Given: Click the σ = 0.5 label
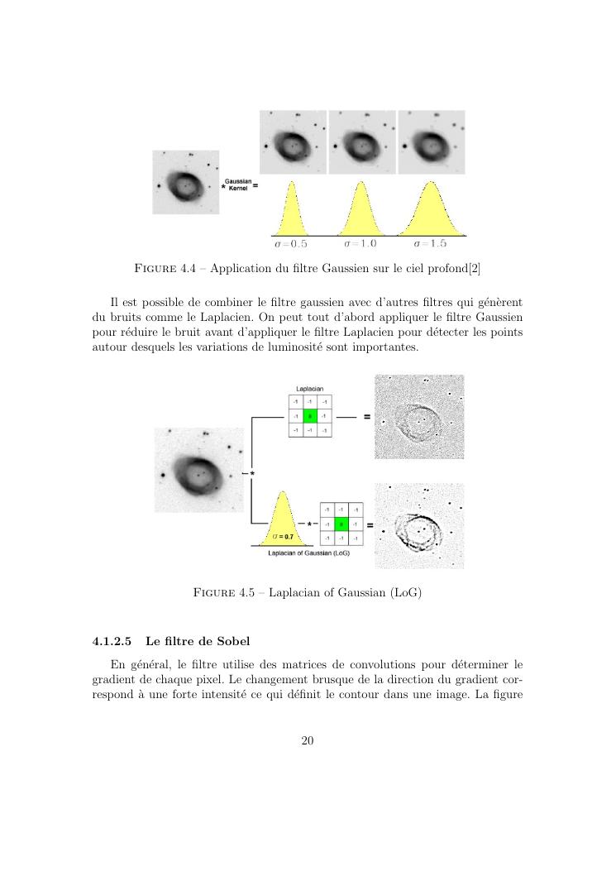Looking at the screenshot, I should click(291, 245).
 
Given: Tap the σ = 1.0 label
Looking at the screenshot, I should click(361, 245).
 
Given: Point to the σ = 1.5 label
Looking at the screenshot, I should click(430, 245).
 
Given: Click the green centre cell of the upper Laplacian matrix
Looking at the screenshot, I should click(309, 416).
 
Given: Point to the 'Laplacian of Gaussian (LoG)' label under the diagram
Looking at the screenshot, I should click(309, 553).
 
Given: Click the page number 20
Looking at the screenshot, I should click(308, 740).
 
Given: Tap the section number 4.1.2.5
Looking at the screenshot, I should click(112, 641).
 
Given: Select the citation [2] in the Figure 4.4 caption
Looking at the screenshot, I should click(475, 268).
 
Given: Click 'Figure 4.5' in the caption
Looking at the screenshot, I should click(222, 593).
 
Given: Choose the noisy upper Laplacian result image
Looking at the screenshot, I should click(419, 416).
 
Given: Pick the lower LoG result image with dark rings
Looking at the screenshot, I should click(419, 526).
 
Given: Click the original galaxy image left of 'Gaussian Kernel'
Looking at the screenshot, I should click(186, 182).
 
